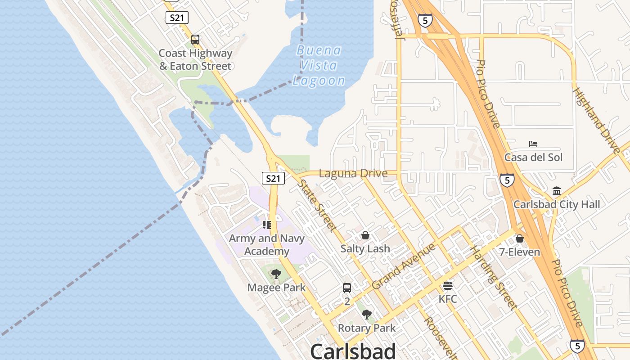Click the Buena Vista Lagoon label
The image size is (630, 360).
319,66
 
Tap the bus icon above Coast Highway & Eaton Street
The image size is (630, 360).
195,39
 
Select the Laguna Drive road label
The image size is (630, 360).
353,173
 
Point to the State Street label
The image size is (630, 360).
317,205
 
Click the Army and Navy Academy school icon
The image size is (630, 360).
267,225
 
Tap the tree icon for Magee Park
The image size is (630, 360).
276,274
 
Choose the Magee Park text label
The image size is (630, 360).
276,288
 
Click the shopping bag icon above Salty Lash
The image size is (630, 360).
365,235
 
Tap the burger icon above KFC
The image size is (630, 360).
447,286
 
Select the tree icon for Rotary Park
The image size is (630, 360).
367,314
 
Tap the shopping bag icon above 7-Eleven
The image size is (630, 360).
519,238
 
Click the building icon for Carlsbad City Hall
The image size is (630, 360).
557,191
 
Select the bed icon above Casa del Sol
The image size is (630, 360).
533,144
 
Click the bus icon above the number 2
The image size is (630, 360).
347,288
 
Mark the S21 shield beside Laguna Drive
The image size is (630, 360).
273,178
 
